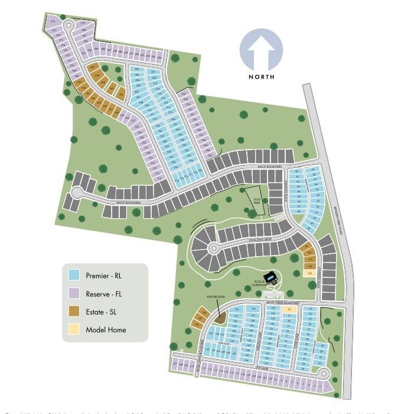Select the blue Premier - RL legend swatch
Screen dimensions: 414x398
point(74,276)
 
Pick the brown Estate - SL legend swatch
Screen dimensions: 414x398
point(74,312)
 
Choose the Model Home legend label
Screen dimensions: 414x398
point(106,330)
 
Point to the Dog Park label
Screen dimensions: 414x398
point(256,199)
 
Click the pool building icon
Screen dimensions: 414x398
point(272,276)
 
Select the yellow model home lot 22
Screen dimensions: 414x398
point(289,309)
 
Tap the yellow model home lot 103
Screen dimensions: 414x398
point(309,274)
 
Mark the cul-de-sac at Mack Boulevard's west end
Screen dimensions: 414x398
point(77,192)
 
